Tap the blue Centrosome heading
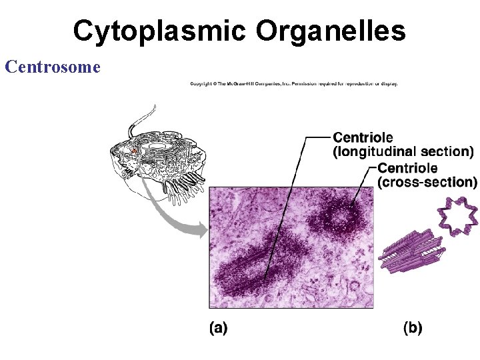(52, 67)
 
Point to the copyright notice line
(293, 84)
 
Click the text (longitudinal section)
(403, 152)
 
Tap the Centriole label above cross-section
(408, 167)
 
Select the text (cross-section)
(427, 181)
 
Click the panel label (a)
(218, 328)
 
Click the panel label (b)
(413, 328)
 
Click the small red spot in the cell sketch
(133, 153)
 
